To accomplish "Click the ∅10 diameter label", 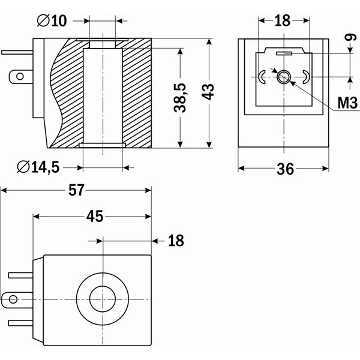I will (51, 22).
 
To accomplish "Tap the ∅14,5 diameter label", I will (37, 167).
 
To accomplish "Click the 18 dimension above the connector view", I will (282, 20).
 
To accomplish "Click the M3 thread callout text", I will (347, 102).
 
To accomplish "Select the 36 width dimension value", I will (286, 169).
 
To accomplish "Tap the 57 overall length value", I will (76, 191).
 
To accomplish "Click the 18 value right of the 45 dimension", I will (175, 241).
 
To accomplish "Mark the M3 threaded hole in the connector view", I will (283, 76).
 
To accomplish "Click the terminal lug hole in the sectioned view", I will (21, 76).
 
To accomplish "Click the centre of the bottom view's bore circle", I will (103, 298).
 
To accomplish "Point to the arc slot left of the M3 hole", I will (262, 77).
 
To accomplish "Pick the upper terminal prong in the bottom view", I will (20, 276).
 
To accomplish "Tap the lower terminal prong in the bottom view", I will (20, 321).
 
